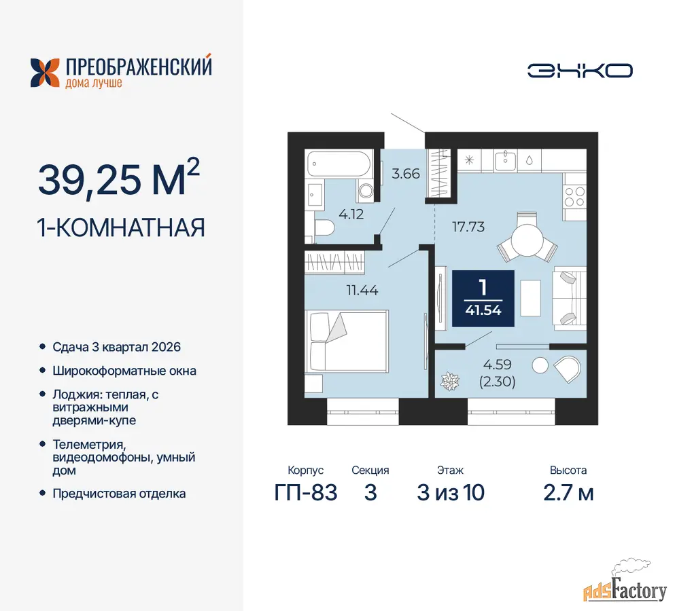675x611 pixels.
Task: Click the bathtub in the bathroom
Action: pyautogui.click(x=339, y=164)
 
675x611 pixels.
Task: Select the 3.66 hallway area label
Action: pyautogui.click(x=406, y=174)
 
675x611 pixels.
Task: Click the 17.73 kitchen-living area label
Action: pyautogui.click(x=468, y=227)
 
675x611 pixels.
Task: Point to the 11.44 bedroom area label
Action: pyautogui.click(x=362, y=291)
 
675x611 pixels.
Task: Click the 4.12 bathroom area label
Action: pyautogui.click(x=351, y=214)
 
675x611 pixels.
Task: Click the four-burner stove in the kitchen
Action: pyautogui.click(x=575, y=198)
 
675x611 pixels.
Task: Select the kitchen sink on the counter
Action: pyautogui.click(x=505, y=161)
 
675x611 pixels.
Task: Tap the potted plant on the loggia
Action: pyautogui.click(x=450, y=381)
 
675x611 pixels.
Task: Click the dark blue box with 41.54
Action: pyautogui.click(x=483, y=299)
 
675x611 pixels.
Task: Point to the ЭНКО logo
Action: pyautogui.click(x=580, y=71)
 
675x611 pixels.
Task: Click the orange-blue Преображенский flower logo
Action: pyautogui.click(x=45, y=73)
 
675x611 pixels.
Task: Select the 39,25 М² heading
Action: pyautogui.click(x=119, y=177)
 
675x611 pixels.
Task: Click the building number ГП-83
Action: pyautogui.click(x=306, y=492)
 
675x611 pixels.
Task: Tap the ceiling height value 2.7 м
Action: pyautogui.click(x=568, y=493)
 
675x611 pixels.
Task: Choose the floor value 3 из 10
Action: pyautogui.click(x=450, y=492)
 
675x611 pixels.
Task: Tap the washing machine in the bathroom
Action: pyautogui.click(x=366, y=191)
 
